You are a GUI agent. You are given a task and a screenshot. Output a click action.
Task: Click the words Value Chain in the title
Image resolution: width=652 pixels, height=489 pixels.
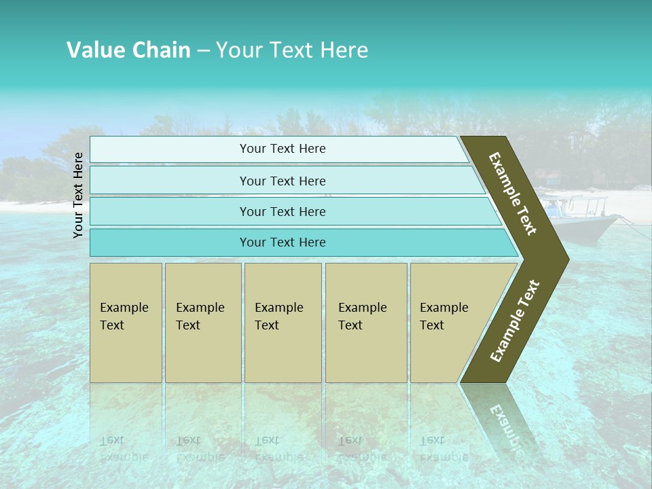128,50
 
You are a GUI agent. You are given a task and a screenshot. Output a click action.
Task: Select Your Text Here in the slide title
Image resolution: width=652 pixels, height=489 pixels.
291,50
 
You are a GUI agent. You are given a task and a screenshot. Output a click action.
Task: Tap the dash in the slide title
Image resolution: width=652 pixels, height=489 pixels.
203,51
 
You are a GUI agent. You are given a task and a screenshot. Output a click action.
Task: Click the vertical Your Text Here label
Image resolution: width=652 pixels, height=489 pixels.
78,195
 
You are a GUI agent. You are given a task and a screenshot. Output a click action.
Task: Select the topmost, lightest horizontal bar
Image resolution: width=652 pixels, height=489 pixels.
282,149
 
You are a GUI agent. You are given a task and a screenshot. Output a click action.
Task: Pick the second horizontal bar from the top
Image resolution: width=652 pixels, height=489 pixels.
282,181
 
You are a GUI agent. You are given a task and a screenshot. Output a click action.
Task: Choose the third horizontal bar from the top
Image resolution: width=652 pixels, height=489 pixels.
282,211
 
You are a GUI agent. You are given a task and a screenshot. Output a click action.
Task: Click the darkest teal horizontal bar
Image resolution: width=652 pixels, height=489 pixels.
282,242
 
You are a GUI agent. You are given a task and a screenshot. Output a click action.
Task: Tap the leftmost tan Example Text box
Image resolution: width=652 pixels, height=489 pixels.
126,322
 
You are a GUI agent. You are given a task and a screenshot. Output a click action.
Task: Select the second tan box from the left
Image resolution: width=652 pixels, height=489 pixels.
202,322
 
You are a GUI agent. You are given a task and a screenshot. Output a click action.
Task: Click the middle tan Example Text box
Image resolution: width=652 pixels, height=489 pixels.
283,322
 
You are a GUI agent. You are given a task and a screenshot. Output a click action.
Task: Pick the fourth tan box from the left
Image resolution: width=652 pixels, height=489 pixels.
365,322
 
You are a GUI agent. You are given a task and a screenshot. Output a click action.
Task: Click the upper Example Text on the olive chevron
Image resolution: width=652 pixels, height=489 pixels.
513,194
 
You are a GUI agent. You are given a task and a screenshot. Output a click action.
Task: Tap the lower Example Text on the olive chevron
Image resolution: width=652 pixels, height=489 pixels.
514,321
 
